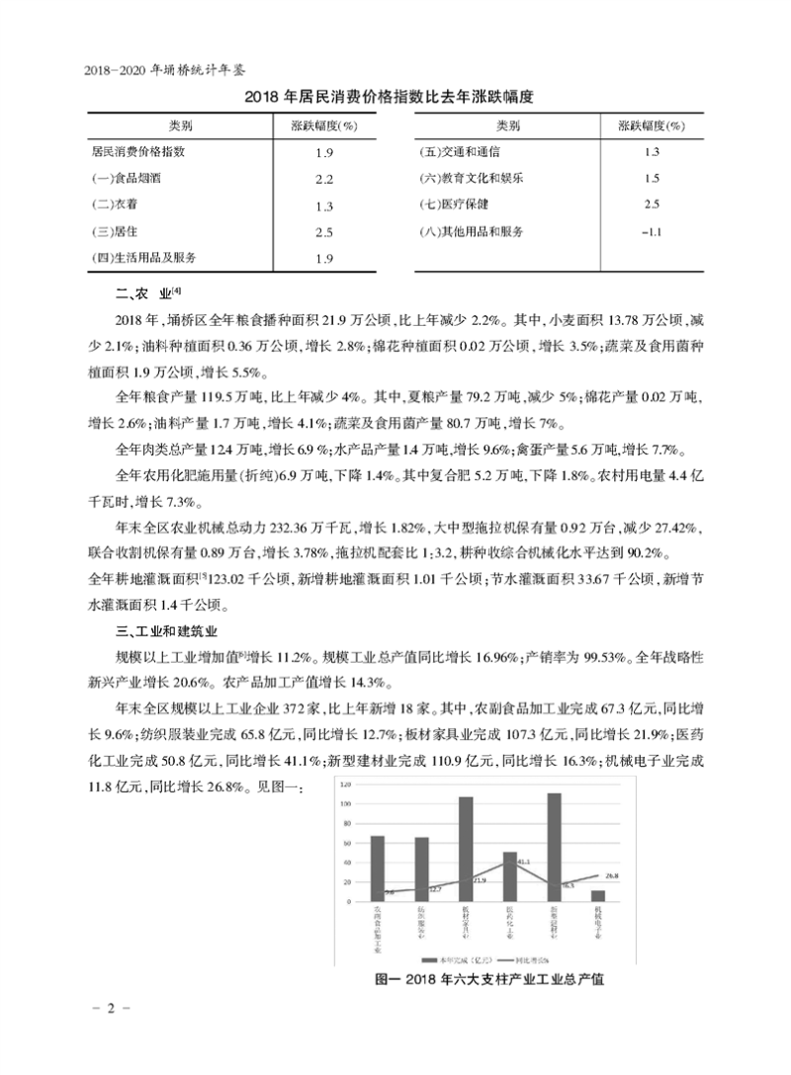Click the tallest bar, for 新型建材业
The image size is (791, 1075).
pyautogui.click(x=554, y=847)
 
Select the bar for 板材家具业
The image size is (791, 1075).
pyautogui.click(x=466, y=849)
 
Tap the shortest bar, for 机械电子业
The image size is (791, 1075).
pyautogui.click(x=597, y=895)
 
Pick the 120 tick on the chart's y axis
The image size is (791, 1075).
pyautogui.click(x=345, y=784)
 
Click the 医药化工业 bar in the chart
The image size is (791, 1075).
pyautogui.click(x=509, y=876)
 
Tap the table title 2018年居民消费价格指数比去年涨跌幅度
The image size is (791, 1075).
pyautogui.click(x=395, y=98)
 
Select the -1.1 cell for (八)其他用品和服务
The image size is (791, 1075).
pyautogui.click(x=650, y=232)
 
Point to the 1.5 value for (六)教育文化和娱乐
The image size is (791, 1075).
pyautogui.click(x=650, y=179)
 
